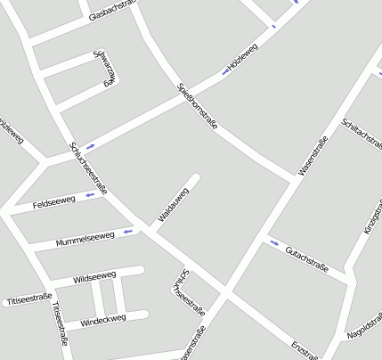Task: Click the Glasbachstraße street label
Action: [x=116, y=12]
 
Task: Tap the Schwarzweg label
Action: [x=106, y=68]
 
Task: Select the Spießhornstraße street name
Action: [x=197, y=106]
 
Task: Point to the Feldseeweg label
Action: [x=53, y=202]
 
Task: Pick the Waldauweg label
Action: [x=174, y=205]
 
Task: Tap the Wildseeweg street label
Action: [x=94, y=277]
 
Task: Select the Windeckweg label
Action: [x=102, y=318]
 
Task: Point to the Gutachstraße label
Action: [x=307, y=260]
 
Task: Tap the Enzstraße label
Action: [x=305, y=349]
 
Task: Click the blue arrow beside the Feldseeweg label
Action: [x=89, y=194]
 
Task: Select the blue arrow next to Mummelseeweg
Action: [x=128, y=232]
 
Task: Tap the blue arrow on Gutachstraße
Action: [x=273, y=242]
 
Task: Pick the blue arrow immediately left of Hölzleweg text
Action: [x=224, y=72]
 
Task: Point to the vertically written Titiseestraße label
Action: [x=60, y=323]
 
